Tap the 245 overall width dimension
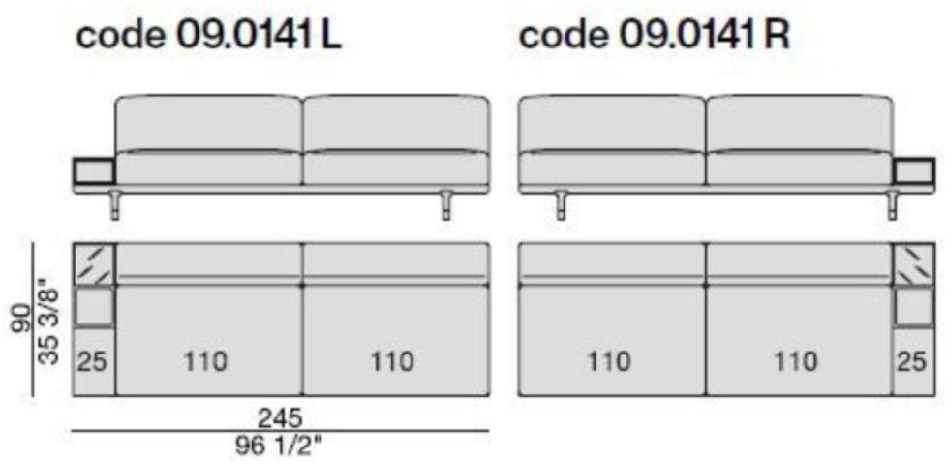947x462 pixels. pos(280,417)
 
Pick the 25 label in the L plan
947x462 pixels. pos(93,362)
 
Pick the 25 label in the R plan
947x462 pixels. pos(911,362)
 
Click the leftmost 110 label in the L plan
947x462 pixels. pos(206,362)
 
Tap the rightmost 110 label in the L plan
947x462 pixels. pos(392,362)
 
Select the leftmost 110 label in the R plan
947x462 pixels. pos(609,362)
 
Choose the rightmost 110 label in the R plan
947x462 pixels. pos(795,362)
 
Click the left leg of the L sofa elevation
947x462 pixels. pos(116,205)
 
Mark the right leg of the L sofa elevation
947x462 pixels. pos(446,205)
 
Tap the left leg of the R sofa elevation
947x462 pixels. pos(561,205)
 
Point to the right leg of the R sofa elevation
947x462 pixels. pos(892,205)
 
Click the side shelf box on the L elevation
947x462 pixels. pos(93,170)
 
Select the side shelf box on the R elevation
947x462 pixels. pos(913,170)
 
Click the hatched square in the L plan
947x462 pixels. pos(93,263)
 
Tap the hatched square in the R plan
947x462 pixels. pos(913,263)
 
